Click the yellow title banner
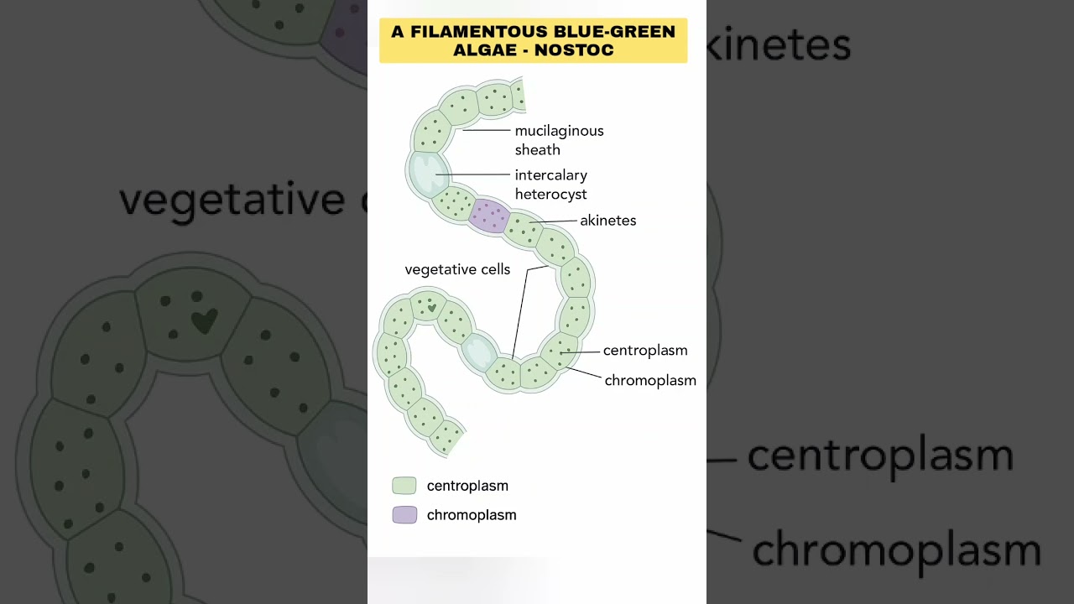click(x=533, y=40)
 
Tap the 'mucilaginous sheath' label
click(x=559, y=140)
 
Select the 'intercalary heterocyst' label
click(x=550, y=185)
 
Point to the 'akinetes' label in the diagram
click(x=607, y=221)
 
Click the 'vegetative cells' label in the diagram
click(x=457, y=269)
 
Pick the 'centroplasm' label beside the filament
click(x=644, y=351)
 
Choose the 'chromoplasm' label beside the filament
click(x=650, y=380)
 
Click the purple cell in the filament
click(x=488, y=216)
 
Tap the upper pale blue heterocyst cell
click(x=428, y=172)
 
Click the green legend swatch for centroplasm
click(x=404, y=486)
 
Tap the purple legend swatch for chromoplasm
click(x=404, y=515)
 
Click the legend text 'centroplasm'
click(x=467, y=486)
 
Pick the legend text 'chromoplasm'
click(x=472, y=515)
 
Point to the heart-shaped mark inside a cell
click(x=431, y=308)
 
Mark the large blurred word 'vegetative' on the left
click(x=231, y=200)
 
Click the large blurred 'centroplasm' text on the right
click(x=879, y=455)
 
